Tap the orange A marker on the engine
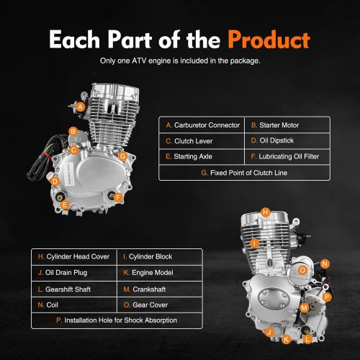click(81, 107)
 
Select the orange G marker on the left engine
click(123, 156)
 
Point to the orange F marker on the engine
click(118, 196)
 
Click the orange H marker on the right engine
click(266, 212)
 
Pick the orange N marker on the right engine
click(325, 264)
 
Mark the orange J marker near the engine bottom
click(269, 332)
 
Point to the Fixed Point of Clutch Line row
click(244, 173)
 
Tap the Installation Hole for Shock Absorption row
click(116, 320)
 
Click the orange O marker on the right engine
click(303, 269)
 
